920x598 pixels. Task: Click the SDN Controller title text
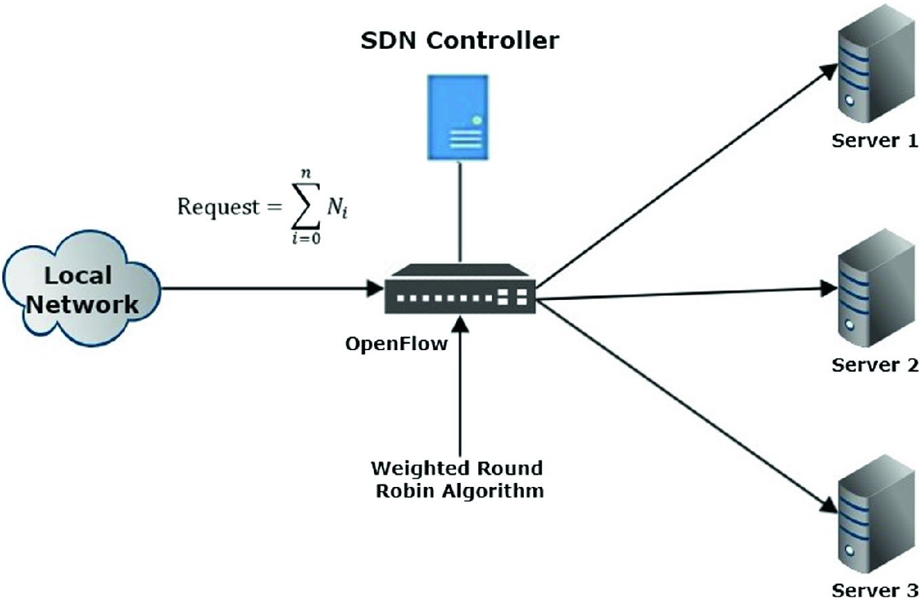[460, 41]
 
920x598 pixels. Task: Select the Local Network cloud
[81, 292]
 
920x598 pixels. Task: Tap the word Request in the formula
[216, 207]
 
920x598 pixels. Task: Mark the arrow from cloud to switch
[271, 289]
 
